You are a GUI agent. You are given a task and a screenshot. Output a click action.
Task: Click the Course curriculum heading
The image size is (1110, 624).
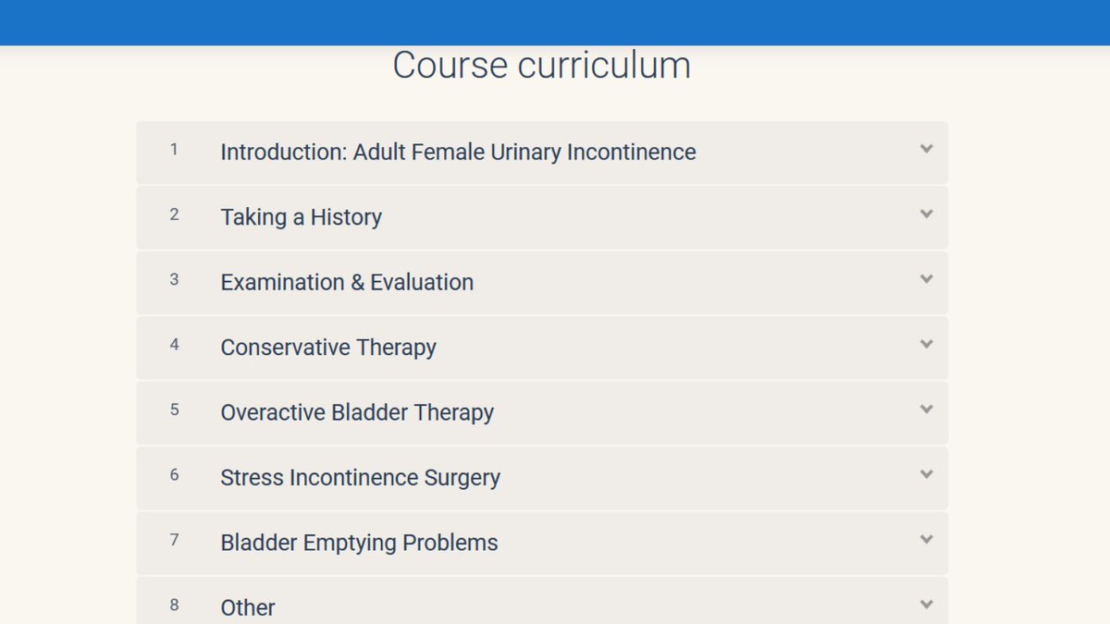(541, 66)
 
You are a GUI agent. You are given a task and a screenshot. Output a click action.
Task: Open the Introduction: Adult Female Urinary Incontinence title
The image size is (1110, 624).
(458, 152)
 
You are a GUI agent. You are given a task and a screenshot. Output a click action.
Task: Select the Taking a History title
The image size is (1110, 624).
(301, 217)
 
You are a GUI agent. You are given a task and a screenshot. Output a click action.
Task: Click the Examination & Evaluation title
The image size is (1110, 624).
(347, 282)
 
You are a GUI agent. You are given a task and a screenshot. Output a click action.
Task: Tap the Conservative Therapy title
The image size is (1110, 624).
(328, 348)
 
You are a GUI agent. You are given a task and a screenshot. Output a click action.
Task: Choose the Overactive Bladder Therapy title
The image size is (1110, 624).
(357, 412)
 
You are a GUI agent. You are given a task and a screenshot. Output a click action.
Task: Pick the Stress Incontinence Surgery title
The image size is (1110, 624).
(360, 478)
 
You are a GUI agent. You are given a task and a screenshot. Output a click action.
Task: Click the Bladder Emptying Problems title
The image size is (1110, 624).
(359, 543)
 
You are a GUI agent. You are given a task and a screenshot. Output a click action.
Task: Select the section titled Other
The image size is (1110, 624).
(248, 607)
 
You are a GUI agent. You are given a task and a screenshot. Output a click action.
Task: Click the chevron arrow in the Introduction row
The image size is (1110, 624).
(926, 149)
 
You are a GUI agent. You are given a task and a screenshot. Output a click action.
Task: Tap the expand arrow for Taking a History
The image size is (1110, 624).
(926, 214)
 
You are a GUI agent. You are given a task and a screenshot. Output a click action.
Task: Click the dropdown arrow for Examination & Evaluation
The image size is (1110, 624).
(926, 279)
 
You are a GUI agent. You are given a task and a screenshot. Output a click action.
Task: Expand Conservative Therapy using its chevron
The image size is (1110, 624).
(926, 345)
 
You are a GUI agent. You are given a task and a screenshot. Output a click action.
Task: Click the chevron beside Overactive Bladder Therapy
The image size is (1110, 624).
(926, 410)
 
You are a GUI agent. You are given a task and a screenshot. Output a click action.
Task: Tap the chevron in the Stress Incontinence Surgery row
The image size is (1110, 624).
(926, 474)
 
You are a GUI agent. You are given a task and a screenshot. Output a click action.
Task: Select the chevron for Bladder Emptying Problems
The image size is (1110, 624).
(926, 540)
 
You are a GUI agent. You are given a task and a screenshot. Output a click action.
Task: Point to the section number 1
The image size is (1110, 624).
(174, 149)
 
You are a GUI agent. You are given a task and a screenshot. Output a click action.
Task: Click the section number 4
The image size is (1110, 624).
(174, 345)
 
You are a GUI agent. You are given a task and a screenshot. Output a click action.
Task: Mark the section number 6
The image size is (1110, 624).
(174, 475)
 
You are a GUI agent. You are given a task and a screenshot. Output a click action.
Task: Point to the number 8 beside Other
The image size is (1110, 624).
(174, 606)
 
